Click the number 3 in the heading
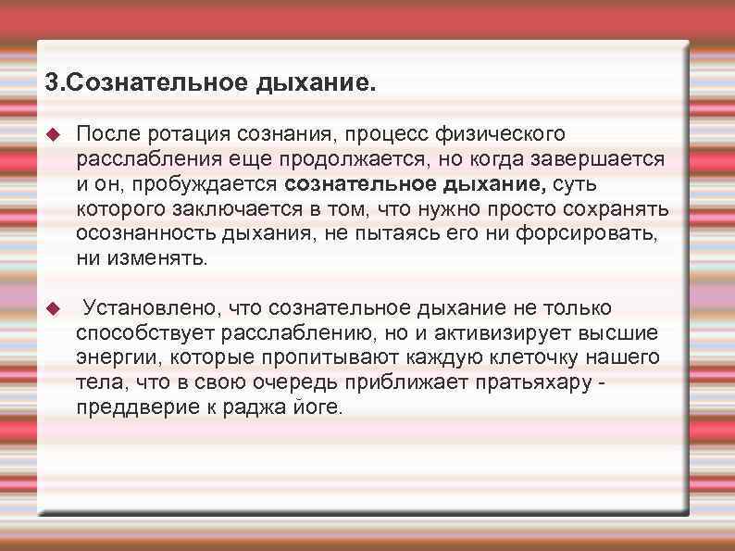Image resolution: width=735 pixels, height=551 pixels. [x=51, y=83]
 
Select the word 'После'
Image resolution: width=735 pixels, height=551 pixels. [x=105, y=135]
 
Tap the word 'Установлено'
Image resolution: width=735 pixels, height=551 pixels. [x=138, y=307]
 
